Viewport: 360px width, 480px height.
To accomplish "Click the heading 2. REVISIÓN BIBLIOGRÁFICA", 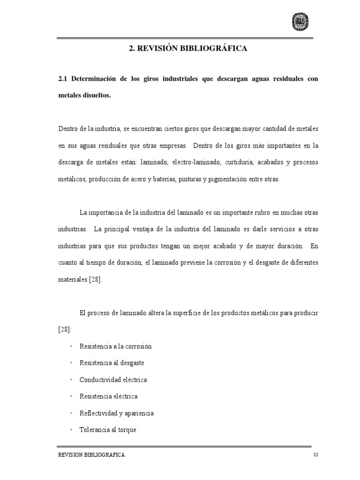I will click(187, 48).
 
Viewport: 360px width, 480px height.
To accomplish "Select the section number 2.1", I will click(63, 79).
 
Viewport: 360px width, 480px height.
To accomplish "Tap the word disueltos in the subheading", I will click(97, 95).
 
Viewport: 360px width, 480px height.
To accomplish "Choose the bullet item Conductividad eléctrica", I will click(116, 380).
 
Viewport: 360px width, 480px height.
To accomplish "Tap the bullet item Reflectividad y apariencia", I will click(117, 413).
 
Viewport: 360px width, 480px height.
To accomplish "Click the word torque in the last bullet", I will click(127, 429).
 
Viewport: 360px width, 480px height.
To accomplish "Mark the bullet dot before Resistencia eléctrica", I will click(71, 397).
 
